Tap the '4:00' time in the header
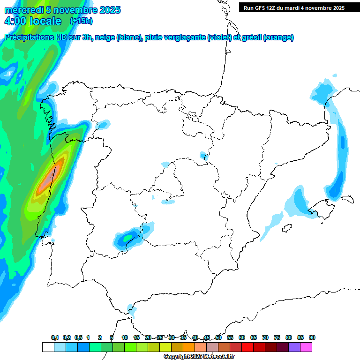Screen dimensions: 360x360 [15, 21]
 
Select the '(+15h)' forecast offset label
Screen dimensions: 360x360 [81, 21]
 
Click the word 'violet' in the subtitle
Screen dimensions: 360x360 [218, 37]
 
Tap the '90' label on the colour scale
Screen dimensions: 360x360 [312, 337]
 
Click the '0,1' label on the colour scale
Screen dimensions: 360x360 [55, 337]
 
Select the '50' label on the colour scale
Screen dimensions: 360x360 [218, 337]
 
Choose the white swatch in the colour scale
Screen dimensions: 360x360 [48, 347]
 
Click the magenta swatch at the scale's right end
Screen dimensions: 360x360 [306, 347]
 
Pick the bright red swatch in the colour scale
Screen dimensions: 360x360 [247, 347]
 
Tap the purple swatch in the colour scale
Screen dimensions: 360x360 [294, 347]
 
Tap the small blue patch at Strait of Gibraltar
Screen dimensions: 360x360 [133, 310]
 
